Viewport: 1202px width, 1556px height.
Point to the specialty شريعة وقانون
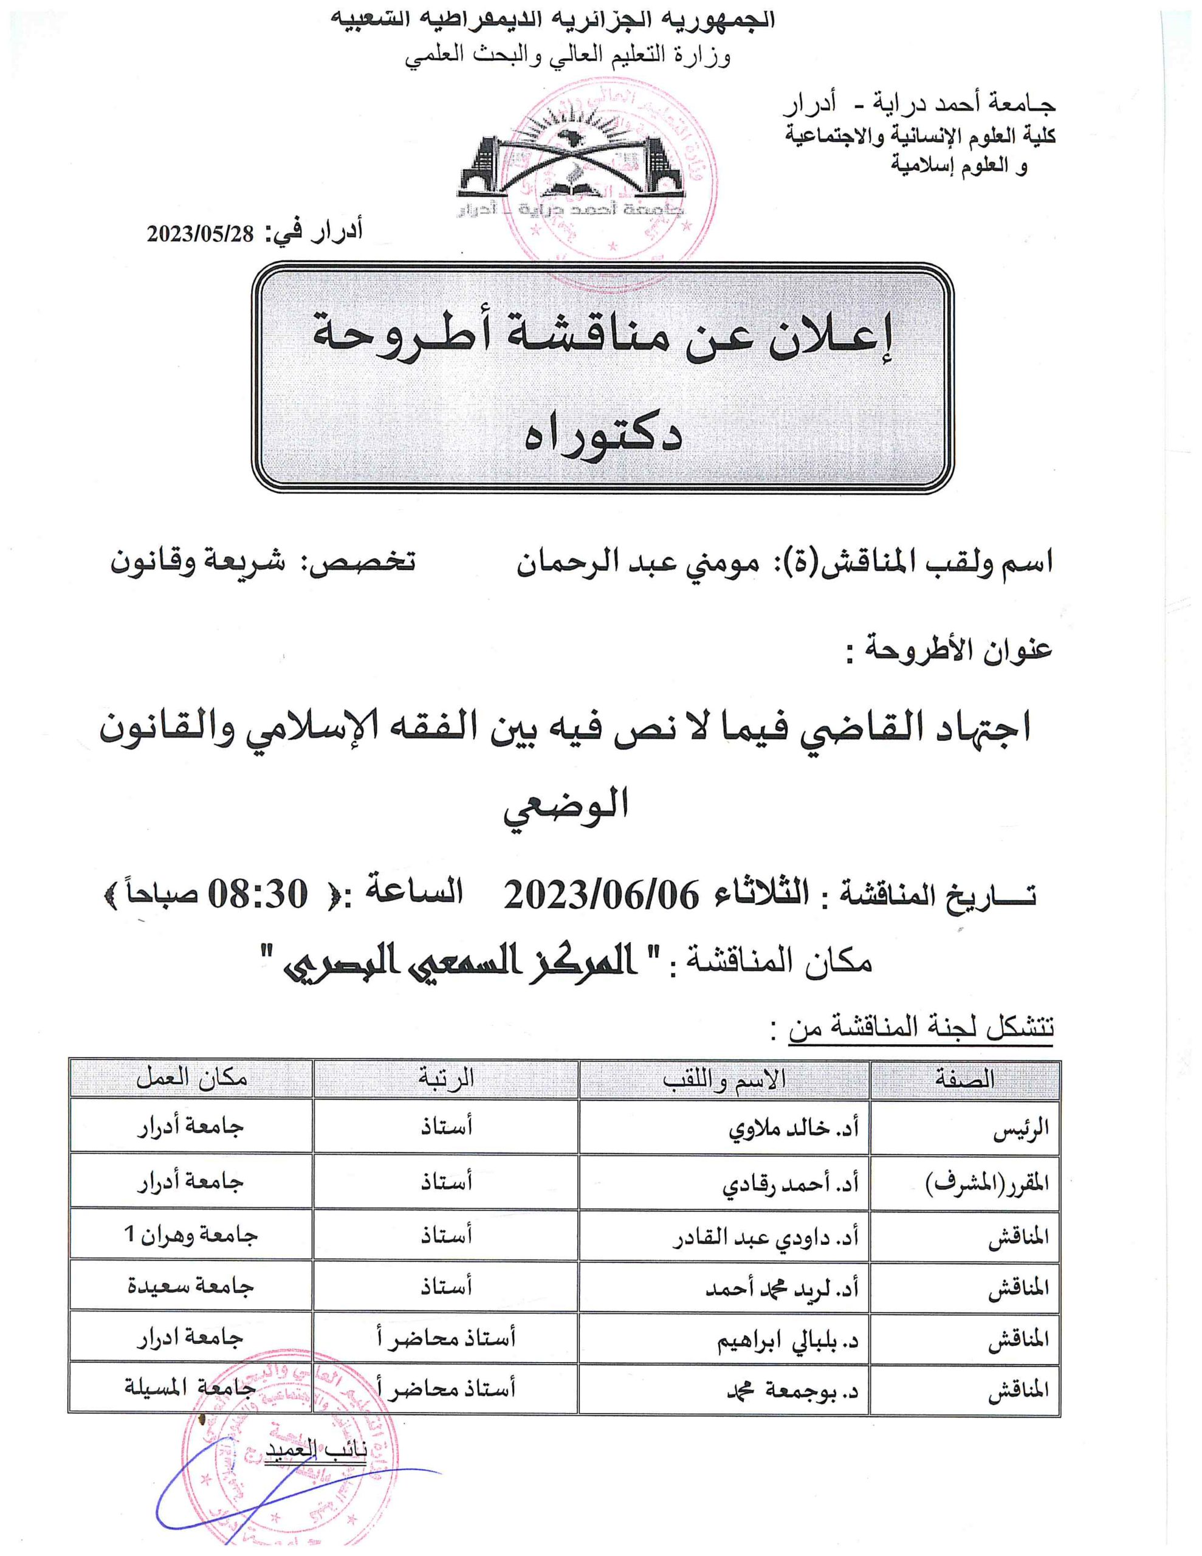[x=197, y=563]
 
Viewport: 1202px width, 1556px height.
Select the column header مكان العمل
[x=191, y=1079]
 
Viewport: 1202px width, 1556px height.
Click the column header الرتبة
[x=446, y=1079]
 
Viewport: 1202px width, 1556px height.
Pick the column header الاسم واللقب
[x=724, y=1079]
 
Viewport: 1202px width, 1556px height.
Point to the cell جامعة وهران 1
[x=190, y=1234]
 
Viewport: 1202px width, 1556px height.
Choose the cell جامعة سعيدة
[x=190, y=1287]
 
